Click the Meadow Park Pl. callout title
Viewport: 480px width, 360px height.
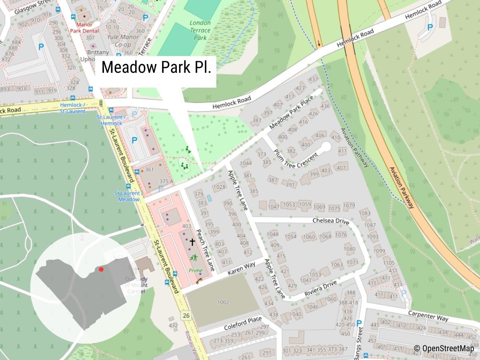tap(156, 67)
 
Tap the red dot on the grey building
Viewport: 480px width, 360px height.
tap(101, 269)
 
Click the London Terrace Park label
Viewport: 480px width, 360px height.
tap(200, 30)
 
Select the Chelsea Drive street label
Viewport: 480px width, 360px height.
tap(331, 221)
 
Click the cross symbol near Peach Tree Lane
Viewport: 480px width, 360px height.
tap(192, 242)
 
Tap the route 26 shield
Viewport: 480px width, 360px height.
tap(186, 316)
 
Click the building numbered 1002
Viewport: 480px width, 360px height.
tap(223, 302)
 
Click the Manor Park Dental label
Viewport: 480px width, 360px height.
tap(84, 28)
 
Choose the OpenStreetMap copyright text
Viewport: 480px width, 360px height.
tap(444, 348)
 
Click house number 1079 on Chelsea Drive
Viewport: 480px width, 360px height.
tap(349, 206)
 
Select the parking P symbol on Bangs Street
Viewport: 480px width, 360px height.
tap(359, 323)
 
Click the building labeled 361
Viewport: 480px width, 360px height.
tap(149, 170)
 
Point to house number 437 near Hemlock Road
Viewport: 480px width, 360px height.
tap(313, 80)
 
